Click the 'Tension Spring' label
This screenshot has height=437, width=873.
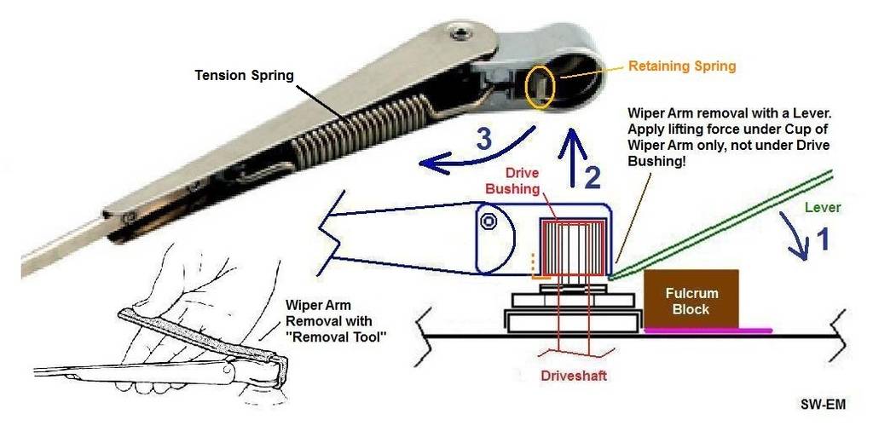coord(244,76)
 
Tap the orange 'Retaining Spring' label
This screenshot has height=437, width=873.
coord(681,66)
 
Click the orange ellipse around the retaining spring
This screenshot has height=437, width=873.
coord(541,84)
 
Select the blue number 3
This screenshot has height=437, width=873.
coord(483,139)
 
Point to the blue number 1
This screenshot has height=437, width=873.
coord(822,241)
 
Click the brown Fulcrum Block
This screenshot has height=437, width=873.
coord(691,299)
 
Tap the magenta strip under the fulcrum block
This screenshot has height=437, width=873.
coord(708,330)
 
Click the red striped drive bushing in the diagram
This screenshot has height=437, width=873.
coord(570,247)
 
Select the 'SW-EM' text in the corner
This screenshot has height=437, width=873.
coord(822,405)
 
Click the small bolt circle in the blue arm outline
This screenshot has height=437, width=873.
coord(489,221)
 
